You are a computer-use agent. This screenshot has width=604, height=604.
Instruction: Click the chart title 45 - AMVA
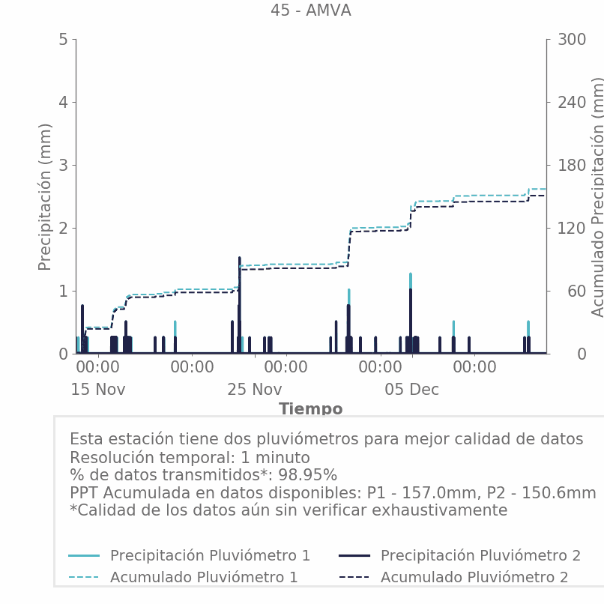(x=310, y=10)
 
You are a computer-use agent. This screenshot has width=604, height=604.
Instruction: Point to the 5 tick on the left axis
(x=63, y=39)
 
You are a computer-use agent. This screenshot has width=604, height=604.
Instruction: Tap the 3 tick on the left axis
(x=63, y=165)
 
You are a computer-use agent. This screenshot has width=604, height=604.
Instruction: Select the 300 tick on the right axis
(x=571, y=39)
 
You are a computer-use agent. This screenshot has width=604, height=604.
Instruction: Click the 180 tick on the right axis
(x=571, y=165)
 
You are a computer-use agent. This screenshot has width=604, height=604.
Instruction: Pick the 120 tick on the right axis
(x=571, y=228)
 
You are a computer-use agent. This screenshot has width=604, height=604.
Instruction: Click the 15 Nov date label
(x=98, y=390)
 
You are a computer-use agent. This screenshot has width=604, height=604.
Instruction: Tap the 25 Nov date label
(x=255, y=390)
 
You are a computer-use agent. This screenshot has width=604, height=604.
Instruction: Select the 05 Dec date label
(x=411, y=390)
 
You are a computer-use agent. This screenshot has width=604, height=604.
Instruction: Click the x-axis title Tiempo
(x=310, y=409)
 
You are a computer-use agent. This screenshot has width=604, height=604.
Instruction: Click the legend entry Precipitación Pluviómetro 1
(x=210, y=555)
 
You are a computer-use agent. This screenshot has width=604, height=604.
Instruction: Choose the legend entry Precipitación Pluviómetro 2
(x=480, y=555)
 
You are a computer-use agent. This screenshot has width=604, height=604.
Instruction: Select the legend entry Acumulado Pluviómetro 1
(x=204, y=577)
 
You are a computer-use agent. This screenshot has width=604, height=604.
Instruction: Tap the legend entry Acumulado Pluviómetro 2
(x=474, y=577)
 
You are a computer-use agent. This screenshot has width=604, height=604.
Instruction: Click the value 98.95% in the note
(x=308, y=475)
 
